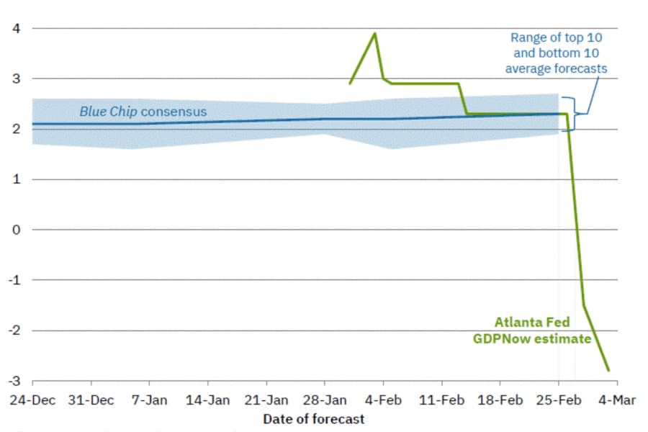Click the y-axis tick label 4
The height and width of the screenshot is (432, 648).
point(16,29)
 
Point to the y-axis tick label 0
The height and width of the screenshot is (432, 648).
point(16,230)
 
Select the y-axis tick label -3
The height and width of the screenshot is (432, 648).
point(14,381)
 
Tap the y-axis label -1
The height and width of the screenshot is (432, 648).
point(14,280)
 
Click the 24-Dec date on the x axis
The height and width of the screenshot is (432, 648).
point(32,400)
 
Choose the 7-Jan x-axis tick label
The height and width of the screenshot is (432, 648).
point(149,400)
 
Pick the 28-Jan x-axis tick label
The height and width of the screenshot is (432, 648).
point(325,400)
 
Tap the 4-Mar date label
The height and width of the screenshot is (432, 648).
point(617,400)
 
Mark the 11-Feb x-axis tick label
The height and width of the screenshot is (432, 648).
point(442,400)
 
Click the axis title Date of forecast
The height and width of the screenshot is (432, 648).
point(314,419)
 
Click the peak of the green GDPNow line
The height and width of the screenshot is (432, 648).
point(375,34)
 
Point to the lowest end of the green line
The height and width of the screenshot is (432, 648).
point(608,370)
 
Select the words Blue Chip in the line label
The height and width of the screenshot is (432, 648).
point(108,112)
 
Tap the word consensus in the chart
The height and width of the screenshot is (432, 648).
point(174,112)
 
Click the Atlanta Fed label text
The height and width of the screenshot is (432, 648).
point(532,322)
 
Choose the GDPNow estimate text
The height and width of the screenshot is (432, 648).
point(532,338)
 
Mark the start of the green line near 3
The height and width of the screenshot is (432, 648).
point(350,84)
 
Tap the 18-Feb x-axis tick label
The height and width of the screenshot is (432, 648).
point(500,400)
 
